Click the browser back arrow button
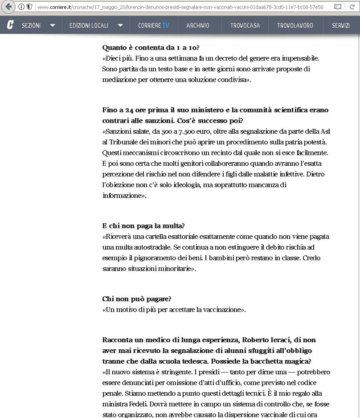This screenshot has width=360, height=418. coord(8,7)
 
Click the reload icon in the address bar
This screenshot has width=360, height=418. coord(352,7)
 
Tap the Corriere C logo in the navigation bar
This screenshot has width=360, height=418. coord(10,25)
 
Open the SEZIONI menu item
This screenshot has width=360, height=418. coord(31,25)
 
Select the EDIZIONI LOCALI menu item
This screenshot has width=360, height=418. coord(89,25)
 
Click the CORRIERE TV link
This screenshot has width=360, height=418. coord(154,25)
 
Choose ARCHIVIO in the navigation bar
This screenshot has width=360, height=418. coord(198,25)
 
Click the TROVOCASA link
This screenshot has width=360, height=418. coord(245,25)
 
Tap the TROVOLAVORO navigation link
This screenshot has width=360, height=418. coord(295,25)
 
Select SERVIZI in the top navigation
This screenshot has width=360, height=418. coord(341,25)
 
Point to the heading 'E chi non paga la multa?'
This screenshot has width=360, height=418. coord(143,226)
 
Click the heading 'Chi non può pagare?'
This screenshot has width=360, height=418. coord(137,299)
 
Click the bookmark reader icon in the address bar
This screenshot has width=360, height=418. coord(338,7)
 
